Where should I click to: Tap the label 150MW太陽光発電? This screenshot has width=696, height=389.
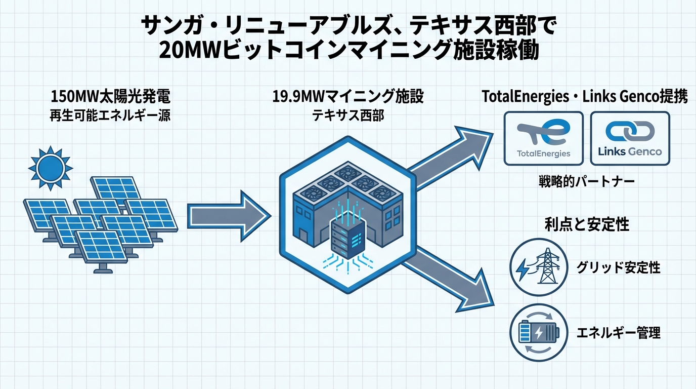coord(111,97)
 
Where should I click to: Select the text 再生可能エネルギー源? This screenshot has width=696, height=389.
coord(111,115)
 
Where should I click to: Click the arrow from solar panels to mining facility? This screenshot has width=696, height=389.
coord(228,216)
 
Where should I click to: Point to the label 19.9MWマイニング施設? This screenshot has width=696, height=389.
coord(347,97)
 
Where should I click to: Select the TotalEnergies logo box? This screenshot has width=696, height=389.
coord(544,138)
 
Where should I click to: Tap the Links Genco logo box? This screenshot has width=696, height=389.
coord(630,138)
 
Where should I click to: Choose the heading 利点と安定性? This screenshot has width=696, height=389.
coord(587,224)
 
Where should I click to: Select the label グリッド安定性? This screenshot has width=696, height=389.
coord(618,267)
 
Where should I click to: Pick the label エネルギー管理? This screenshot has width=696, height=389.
coord(618,333)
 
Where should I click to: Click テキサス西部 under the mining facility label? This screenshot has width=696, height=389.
coord(347,115)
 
